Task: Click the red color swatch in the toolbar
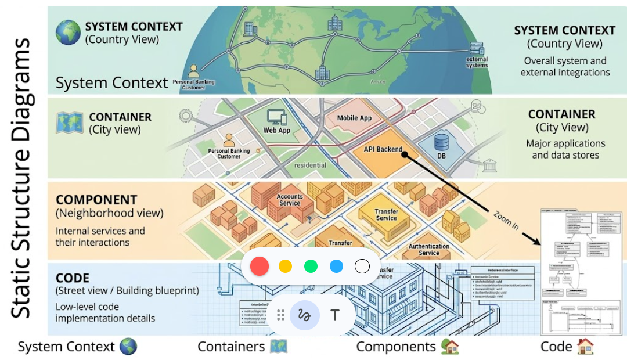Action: pyautogui.click(x=259, y=267)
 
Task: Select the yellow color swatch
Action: pyautogui.click(x=285, y=267)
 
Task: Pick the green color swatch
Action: pyautogui.click(x=311, y=267)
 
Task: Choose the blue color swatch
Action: pyautogui.click(x=337, y=267)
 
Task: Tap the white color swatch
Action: pyautogui.click(x=362, y=267)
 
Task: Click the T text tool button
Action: pyautogui.click(x=335, y=315)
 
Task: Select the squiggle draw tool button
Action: pyautogui.click(x=305, y=315)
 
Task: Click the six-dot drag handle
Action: pyautogui.click(x=280, y=315)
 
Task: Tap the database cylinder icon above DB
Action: pyautogui.click(x=442, y=142)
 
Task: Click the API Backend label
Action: pyautogui.click(x=383, y=149)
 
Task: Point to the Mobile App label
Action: pyautogui.click(x=354, y=118)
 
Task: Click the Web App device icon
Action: pyautogui.click(x=276, y=118)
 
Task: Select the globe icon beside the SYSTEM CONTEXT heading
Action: pyautogui.click(x=68, y=33)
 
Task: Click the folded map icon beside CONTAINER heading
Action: pyautogui.click(x=68, y=123)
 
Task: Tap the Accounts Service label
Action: pyautogui.click(x=289, y=200)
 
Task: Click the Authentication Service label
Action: pyautogui.click(x=428, y=250)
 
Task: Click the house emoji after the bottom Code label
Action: pyautogui.click(x=585, y=347)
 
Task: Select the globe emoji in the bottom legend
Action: pyautogui.click(x=128, y=347)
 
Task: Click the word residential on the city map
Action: pyautogui.click(x=310, y=165)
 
